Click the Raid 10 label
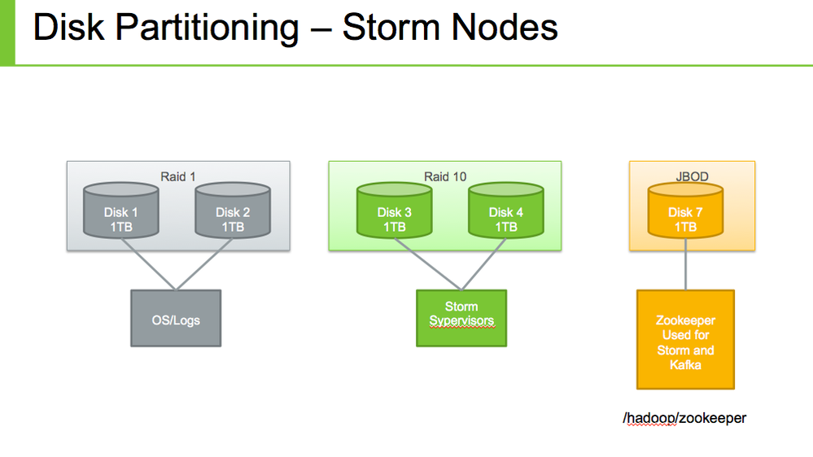coord(445,176)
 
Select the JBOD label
coord(692,176)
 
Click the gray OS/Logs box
coord(176,319)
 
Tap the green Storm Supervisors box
coord(461,318)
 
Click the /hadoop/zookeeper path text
coord(684,418)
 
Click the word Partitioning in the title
coord(207,28)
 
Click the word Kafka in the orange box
coord(685,365)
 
